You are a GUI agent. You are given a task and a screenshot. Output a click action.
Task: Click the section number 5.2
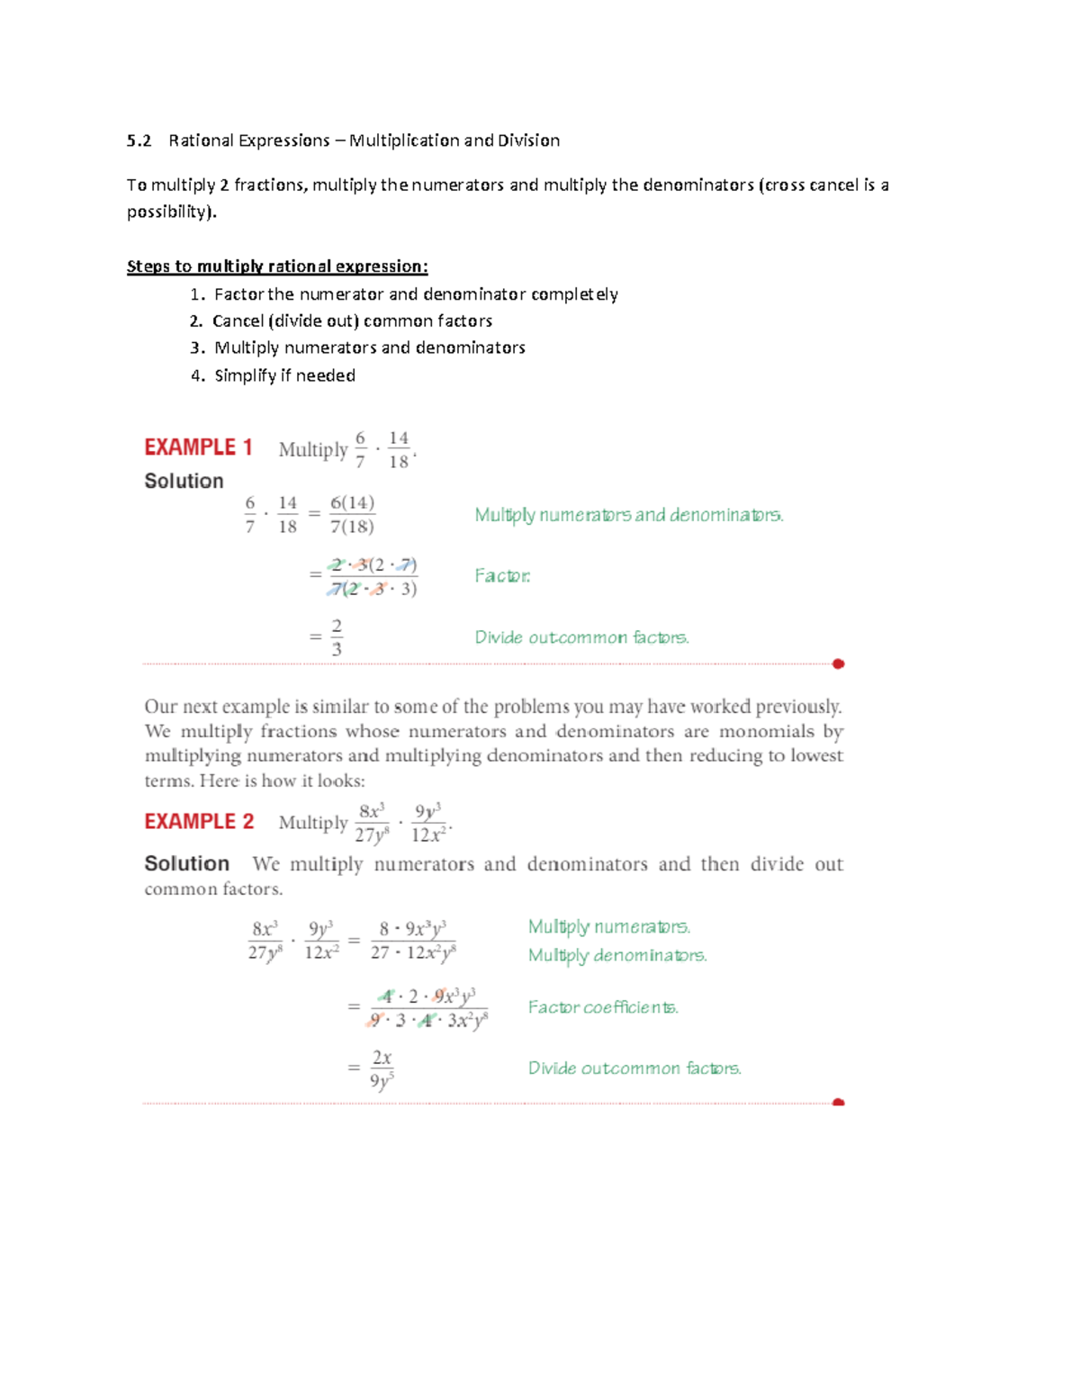pos(139,140)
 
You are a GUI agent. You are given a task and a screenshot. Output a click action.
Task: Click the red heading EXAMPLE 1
pos(198,447)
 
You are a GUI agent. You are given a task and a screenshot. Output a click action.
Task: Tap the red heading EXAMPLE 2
pos(199,822)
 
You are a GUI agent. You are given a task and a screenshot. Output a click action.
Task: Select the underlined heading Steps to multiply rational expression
pos(277,266)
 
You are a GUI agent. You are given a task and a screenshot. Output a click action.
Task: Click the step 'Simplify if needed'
pos(284,375)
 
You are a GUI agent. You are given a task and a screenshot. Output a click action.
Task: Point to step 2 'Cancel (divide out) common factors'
pos(352,321)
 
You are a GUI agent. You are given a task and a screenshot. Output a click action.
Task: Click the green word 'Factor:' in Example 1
pos(502,576)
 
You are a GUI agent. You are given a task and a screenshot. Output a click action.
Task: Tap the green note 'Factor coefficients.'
pos(603,1007)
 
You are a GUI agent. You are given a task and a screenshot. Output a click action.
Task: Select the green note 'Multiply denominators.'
pos(617,955)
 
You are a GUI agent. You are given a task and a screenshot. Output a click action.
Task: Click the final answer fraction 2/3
pos(337,637)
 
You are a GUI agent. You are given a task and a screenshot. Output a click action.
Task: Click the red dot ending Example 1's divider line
pos(838,664)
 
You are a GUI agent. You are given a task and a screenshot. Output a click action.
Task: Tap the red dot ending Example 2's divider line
pos(838,1102)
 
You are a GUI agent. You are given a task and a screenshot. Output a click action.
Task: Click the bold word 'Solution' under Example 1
pos(184,482)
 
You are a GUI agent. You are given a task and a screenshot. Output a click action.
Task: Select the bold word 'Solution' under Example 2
pos(186,864)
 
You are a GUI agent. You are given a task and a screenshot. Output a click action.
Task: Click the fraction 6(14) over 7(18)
pos(352,515)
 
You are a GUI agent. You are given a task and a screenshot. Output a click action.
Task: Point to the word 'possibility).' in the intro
pos(172,212)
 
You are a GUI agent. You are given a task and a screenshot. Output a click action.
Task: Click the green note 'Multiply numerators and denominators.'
pos(629,516)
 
